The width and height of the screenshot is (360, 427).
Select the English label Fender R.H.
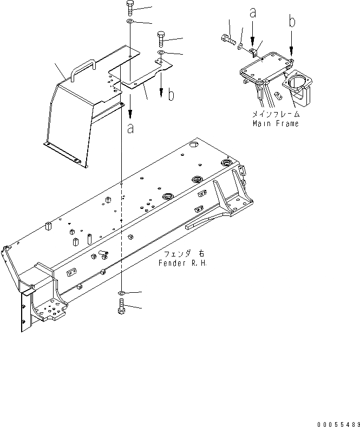coord(184,262)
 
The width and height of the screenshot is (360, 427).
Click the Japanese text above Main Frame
coord(276,115)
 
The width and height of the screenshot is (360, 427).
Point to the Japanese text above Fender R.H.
coord(184,254)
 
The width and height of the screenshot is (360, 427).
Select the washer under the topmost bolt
coord(130,22)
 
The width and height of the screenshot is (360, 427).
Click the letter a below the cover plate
coord(130,128)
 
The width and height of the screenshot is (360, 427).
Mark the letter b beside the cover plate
coord(171,95)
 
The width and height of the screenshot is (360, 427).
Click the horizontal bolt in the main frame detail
coord(227,39)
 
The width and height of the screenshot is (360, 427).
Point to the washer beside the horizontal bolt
coord(240,46)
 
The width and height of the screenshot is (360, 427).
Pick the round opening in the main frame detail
coord(296,83)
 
